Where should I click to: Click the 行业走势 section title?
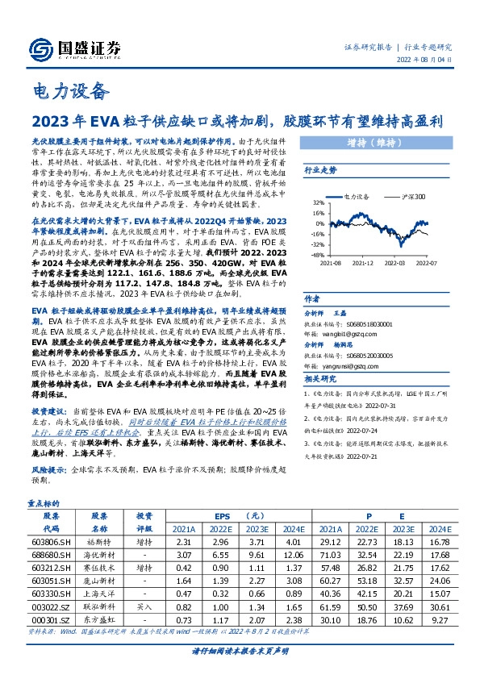pyautogui.click(x=319, y=171)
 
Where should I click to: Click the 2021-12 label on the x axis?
pyautogui.click(x=361, y=262)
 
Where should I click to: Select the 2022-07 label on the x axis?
pyautogui.click(x=425, y=262)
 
